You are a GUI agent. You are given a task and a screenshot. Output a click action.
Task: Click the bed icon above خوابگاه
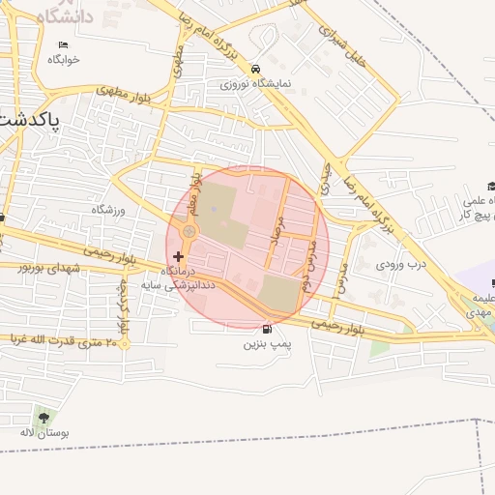(x=64, y=45)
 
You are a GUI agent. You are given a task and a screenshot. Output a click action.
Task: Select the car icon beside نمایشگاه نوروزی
(x=254, y=70)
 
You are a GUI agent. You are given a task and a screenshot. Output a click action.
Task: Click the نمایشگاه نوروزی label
(x=254, y=84)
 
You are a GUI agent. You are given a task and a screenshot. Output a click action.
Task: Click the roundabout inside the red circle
(x=189, y=231)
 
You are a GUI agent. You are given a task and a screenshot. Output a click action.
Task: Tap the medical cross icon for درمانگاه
(x=177, y=256)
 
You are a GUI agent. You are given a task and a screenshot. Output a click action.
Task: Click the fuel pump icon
(x=267, y=329)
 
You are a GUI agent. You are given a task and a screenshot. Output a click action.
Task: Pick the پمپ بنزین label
(x=267, y=343)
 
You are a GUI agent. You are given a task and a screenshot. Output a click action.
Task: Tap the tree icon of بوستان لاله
(x=43, y=419)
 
